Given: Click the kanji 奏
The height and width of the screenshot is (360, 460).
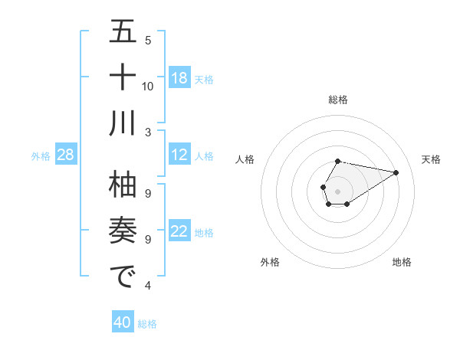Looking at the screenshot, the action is pyautogui.click(x=123, y=231).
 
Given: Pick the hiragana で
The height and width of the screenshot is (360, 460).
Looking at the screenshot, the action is pyautogui.click(x=123, y=277).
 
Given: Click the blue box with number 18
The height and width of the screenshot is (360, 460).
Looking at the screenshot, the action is pyautogui.click(x=179, y=78).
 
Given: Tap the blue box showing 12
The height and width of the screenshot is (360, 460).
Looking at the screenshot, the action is pyautogui.click(x=179, y=155).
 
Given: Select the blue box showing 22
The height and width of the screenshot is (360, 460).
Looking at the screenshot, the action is pyautogui.click(x=179, y=232).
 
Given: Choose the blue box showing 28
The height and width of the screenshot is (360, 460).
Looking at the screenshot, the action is pyautogui.click(x=65, y=155).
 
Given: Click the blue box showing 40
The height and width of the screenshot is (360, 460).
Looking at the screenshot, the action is pyautogui.click(x=123, y=322).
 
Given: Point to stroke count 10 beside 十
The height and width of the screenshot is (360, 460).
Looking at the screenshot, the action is pyautogui.click(x=148, y=86).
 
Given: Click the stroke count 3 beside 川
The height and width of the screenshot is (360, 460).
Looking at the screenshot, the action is pyautogui.click(x=148, y=132).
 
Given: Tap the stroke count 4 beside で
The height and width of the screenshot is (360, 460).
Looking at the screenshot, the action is pyautogui.click(x=148, y=286).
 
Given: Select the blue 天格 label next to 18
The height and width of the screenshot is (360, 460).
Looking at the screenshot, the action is pyautogui.click(x=204, y=79).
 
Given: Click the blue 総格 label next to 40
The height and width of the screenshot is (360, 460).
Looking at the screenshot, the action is pyautogui.click(x=147, y=323).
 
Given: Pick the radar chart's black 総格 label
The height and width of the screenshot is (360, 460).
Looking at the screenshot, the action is pyautogui.click(x=337, y=100).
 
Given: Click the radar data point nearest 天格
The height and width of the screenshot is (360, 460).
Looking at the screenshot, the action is pyautogui.click(x=396, y=172).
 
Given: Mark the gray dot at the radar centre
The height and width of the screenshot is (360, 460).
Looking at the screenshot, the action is pyautogui.click(x=337, y=190).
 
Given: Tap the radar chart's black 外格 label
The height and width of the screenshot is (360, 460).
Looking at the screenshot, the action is pyautogui.click(x=270, y=262).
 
